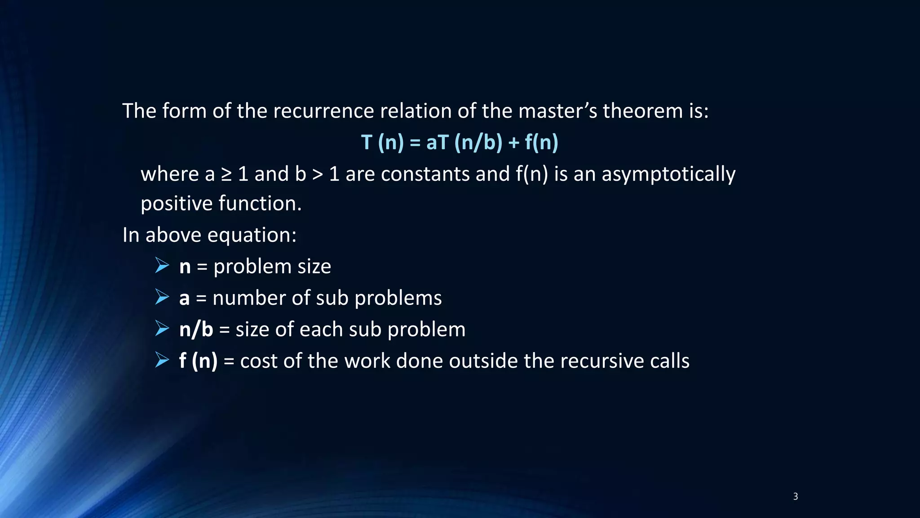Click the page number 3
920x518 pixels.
(x=795, y=496)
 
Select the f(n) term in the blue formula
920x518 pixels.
(x=541, y=143)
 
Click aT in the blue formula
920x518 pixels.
(x=437, y=143)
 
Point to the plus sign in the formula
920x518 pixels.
(x=513, y=143)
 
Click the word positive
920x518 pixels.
(x=176, y=204)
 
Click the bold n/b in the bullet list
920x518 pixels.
(x=196, y=330)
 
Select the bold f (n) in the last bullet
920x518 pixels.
(x=198, y=361)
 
